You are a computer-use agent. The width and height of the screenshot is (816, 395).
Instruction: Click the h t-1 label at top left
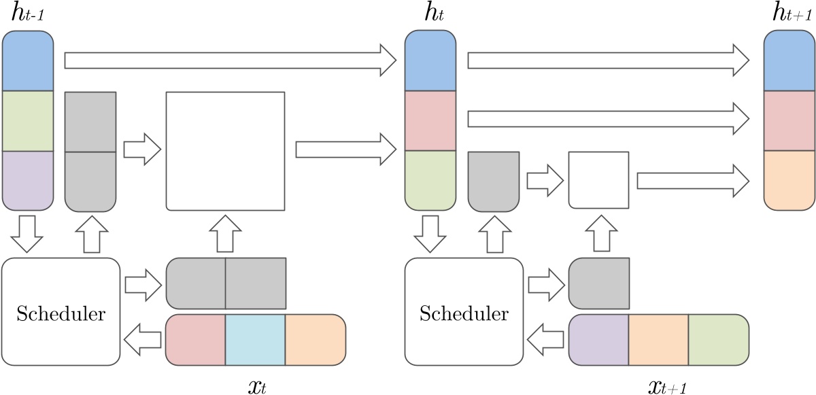tap(27, 15)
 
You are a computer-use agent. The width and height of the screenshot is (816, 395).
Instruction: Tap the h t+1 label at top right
tap(789, 15)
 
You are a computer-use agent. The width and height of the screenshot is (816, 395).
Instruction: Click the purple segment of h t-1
tap(28, 180)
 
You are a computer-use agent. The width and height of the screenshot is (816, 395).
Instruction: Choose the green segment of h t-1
tap(28, 120)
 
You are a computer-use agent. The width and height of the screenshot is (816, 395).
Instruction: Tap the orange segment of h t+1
tap(789, 180)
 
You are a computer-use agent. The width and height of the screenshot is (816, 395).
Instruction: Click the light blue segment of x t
tap(255, 339)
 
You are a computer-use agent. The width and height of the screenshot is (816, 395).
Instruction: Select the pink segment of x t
tap(196, 339)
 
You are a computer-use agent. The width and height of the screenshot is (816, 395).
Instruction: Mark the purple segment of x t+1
tap(598, 339)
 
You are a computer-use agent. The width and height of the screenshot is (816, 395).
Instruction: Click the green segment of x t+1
tap(718, 339)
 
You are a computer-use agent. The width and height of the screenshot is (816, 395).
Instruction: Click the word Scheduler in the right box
tap(464, 315)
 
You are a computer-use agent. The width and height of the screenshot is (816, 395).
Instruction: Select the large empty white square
tap(225, 150)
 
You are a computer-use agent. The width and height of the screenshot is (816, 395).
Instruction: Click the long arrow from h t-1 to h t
tap(230, 60)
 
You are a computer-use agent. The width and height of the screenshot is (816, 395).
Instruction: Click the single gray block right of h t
tap(494, 181)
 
